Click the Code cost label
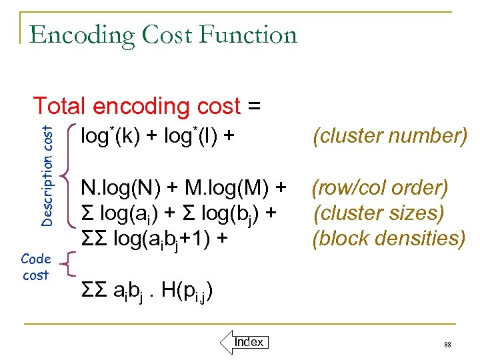(35, 267)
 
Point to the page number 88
(447, 345)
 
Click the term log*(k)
(110, 136)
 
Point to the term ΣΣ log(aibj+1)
(149, 238)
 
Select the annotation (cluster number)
(389, 136)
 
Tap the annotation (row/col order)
(380, 189)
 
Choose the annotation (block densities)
(389, 238)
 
